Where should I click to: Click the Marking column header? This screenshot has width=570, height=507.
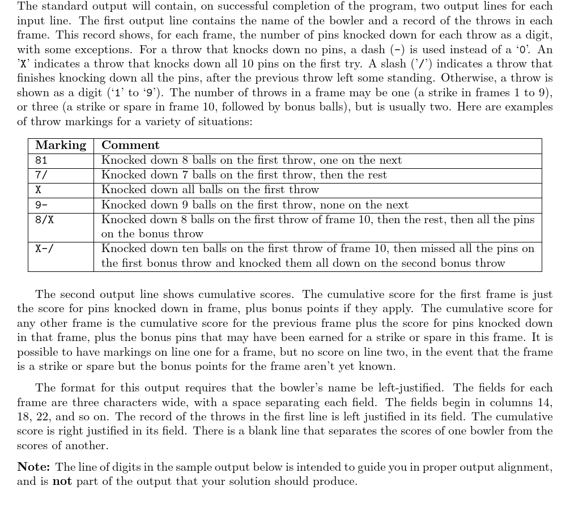[61, 146]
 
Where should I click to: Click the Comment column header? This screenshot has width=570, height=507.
[130, 146]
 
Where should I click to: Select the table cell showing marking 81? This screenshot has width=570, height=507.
[41, 160]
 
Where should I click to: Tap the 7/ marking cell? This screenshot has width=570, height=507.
[41, 175]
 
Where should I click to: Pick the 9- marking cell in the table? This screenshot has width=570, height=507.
[41, 205]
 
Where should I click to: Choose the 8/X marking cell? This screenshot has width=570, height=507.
[44, 220]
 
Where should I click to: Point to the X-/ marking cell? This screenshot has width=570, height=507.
[44, 249]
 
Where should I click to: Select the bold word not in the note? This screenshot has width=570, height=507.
[62, 482]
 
